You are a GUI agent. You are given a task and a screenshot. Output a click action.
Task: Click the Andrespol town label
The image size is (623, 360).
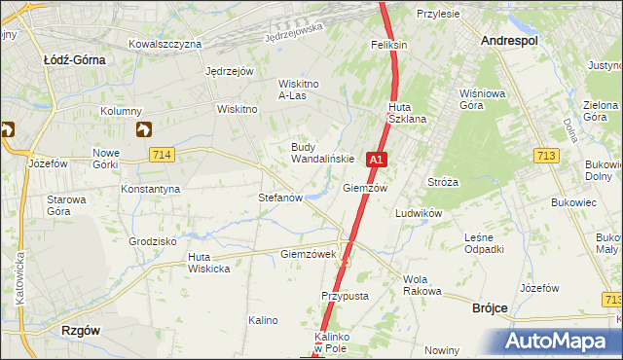(511, 41)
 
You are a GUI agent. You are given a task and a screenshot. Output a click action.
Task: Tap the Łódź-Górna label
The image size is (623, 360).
(75, 58)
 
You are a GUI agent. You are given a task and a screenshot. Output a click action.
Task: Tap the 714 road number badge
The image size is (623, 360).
(163, 155)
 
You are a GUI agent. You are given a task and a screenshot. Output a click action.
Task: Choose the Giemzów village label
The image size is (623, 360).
(365, 188)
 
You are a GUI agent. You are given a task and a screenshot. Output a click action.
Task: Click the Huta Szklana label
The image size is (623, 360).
(407, 113)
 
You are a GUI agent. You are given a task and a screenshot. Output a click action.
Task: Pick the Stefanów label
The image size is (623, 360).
(280, 197)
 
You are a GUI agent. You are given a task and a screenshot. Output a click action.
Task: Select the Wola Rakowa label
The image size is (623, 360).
(421, 285)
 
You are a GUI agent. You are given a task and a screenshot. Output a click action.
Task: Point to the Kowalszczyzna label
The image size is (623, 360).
(165, 44)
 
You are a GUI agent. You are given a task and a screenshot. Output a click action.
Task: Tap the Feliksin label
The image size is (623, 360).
(387, 45)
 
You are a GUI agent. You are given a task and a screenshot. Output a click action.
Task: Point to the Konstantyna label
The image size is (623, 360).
(150, 188)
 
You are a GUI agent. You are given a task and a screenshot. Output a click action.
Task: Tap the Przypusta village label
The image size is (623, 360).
(342, 295)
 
